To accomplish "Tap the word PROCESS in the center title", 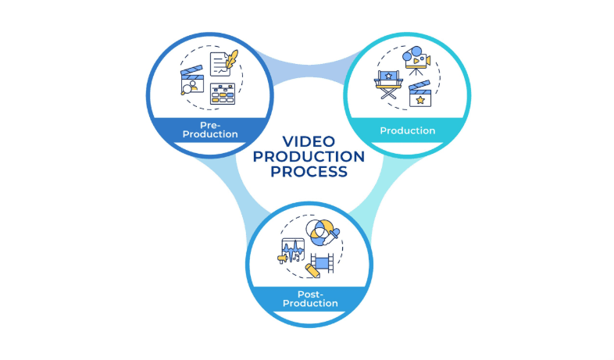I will pos(309,172).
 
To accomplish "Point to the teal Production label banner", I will pos(407,130).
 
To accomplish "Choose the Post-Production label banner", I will pos(307,298).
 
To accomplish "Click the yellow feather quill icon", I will pos(231,59).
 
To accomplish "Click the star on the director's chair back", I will pos(387,76).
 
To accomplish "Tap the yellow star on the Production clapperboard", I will pos(421,101).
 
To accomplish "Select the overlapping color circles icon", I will pos(318,230).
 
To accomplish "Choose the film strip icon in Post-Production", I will pos(321,262).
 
